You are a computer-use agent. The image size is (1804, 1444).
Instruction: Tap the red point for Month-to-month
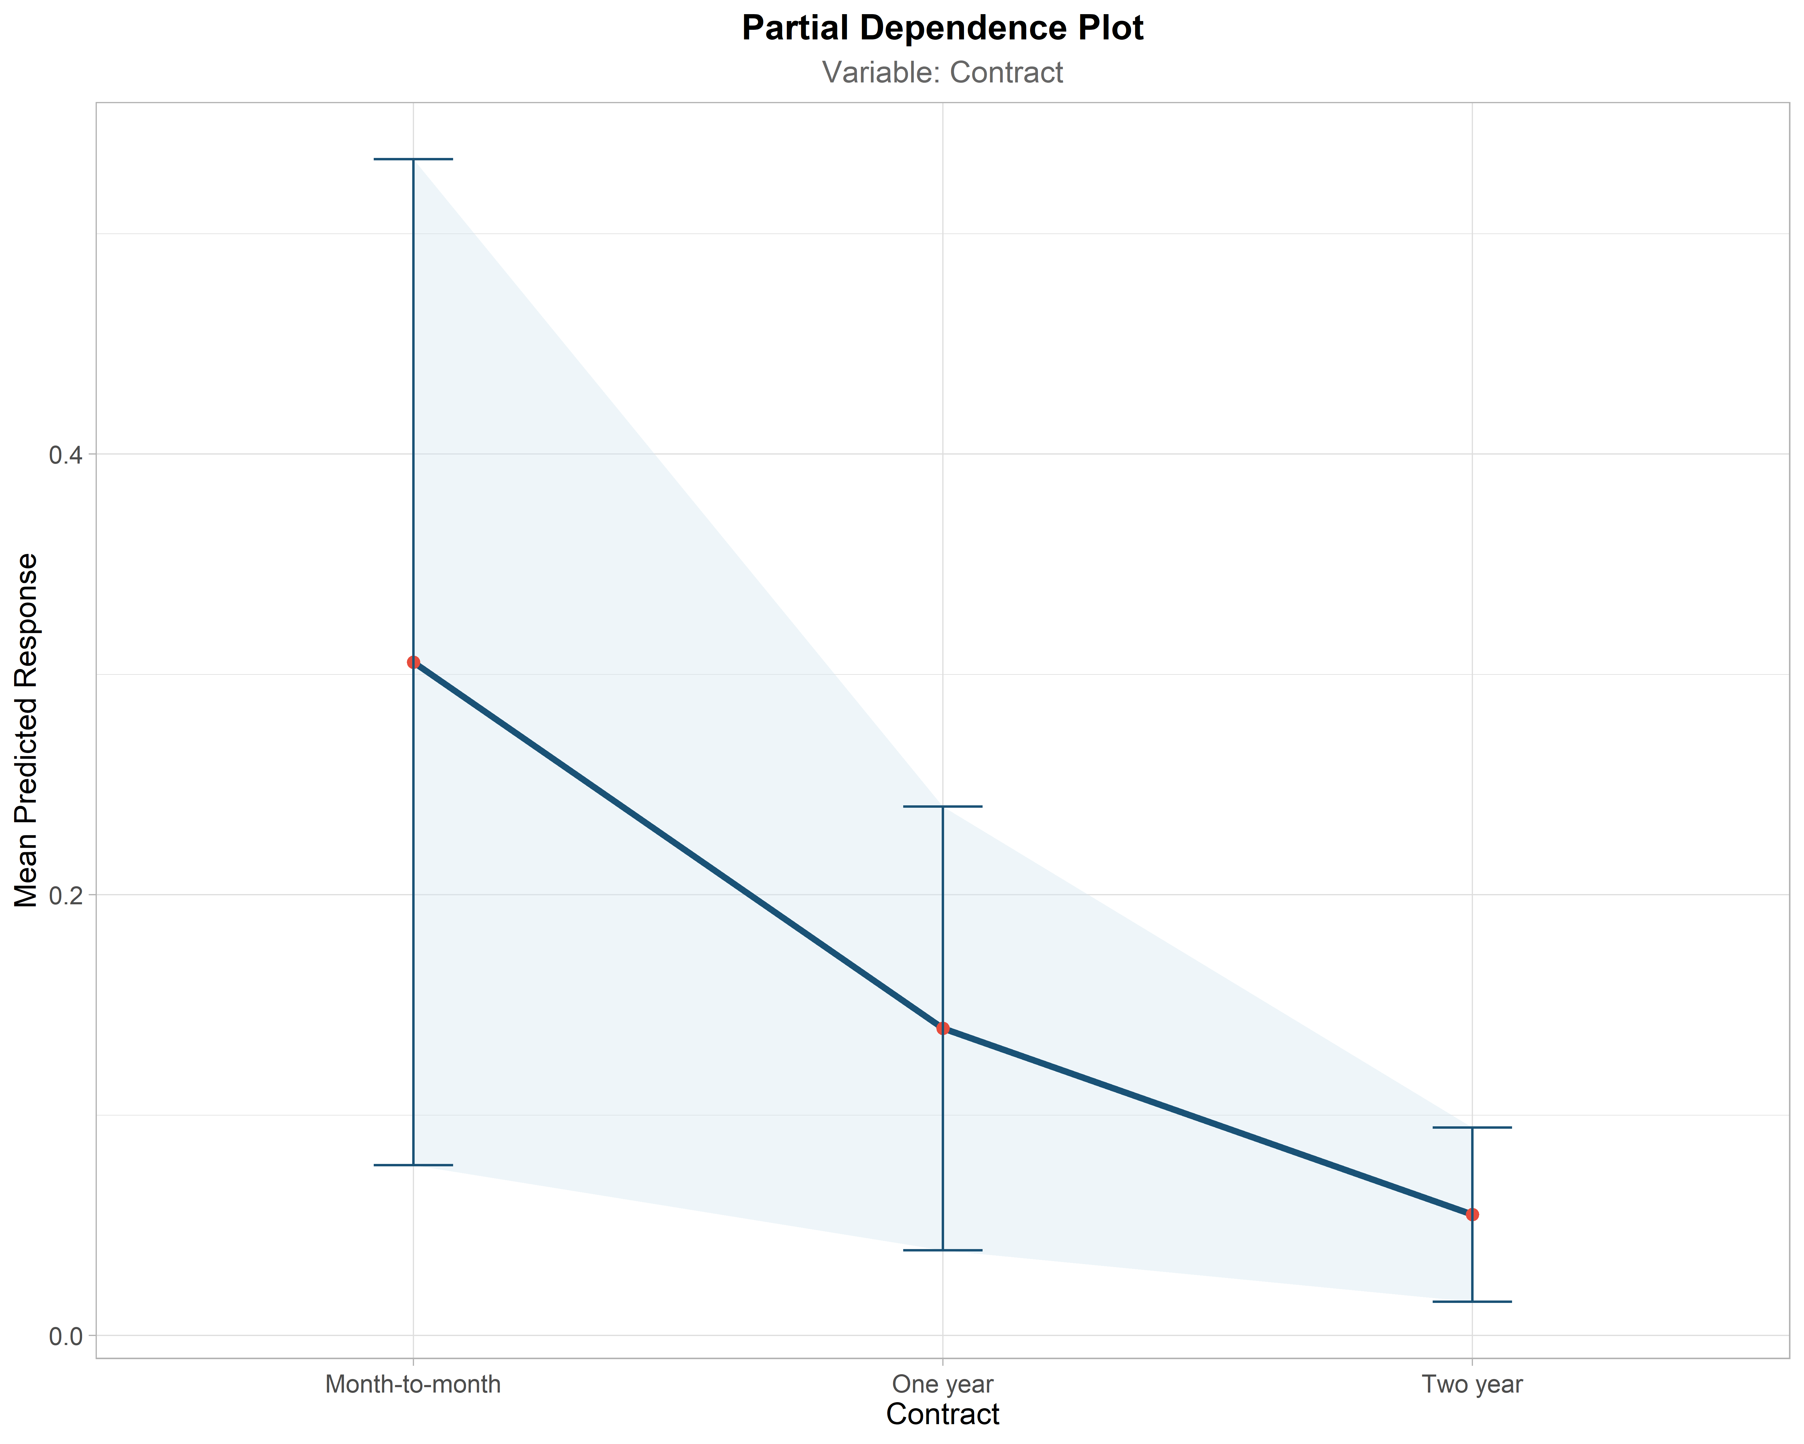(413, 662)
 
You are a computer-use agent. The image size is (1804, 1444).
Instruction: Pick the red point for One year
(943, 1028)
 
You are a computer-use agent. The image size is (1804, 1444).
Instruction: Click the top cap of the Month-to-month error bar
(413, 159)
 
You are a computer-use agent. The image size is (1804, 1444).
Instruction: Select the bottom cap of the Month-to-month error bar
(413, 1165)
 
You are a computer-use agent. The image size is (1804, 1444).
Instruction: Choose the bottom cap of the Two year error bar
(1473, 1302)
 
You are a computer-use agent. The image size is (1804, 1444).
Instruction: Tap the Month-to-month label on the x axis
(413, 1384)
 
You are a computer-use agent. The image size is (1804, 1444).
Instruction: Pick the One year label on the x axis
(943, 1384)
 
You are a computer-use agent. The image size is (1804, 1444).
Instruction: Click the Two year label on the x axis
(1473, 1384)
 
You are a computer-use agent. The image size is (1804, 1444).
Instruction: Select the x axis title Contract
(943, 1415)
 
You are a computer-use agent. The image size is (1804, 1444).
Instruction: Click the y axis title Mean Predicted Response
(27, 730)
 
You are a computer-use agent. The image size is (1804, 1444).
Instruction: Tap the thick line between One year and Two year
(1207, 1121)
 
